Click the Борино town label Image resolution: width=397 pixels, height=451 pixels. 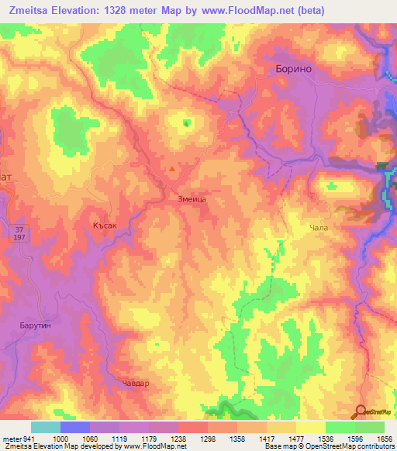tap(293, 69)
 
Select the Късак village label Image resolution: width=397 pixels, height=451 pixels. tap(104, 224)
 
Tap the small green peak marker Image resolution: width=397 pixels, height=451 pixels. tap(186, 122)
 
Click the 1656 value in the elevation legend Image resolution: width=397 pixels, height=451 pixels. tap(385, 438)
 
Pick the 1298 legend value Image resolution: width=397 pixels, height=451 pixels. tap(207, 438)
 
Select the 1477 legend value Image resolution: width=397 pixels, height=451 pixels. tap(295, 438)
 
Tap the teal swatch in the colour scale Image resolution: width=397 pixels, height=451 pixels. tap(45, 427)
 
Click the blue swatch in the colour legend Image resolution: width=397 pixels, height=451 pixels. tap(74, 427)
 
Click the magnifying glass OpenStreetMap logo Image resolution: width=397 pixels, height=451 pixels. tap(361, 411)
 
